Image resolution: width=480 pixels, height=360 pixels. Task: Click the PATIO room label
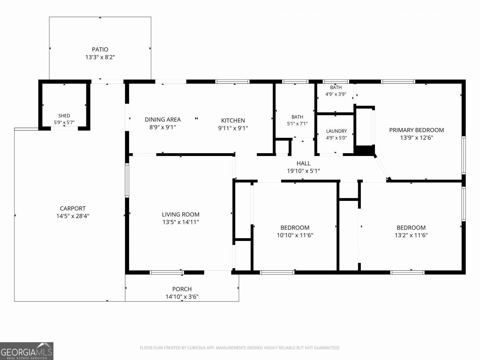coord(100,49)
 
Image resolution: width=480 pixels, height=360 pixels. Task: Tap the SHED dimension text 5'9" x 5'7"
coord(64,122)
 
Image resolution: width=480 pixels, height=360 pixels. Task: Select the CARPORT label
coord(72,208)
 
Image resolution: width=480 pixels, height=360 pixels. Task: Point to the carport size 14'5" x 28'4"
coord(72,216)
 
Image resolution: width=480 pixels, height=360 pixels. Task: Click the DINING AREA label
coord(162,120)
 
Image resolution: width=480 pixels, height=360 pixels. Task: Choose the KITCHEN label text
coord(233,120)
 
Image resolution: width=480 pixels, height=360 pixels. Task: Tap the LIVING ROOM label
coord(181,214)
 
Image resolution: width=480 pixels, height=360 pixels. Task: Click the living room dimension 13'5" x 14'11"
coord(181,222)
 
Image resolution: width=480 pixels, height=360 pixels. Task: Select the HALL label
coord(303,163)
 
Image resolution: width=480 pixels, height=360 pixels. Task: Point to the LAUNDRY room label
coord(336,131)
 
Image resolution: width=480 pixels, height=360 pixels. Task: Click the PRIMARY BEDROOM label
coord(416,130)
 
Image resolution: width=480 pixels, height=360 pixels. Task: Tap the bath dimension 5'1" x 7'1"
coord(297,124)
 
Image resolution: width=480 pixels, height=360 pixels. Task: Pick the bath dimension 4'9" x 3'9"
coord(336,94)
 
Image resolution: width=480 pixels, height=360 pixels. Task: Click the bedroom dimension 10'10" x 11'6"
coord(295,235)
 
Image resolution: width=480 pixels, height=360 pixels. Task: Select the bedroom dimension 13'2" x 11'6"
coord(411,235)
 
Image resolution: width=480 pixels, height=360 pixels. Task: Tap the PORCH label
coord(182,289)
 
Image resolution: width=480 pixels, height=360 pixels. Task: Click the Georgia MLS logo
coord(27,351)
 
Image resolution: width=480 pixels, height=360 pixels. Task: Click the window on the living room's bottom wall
coord(167,272)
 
